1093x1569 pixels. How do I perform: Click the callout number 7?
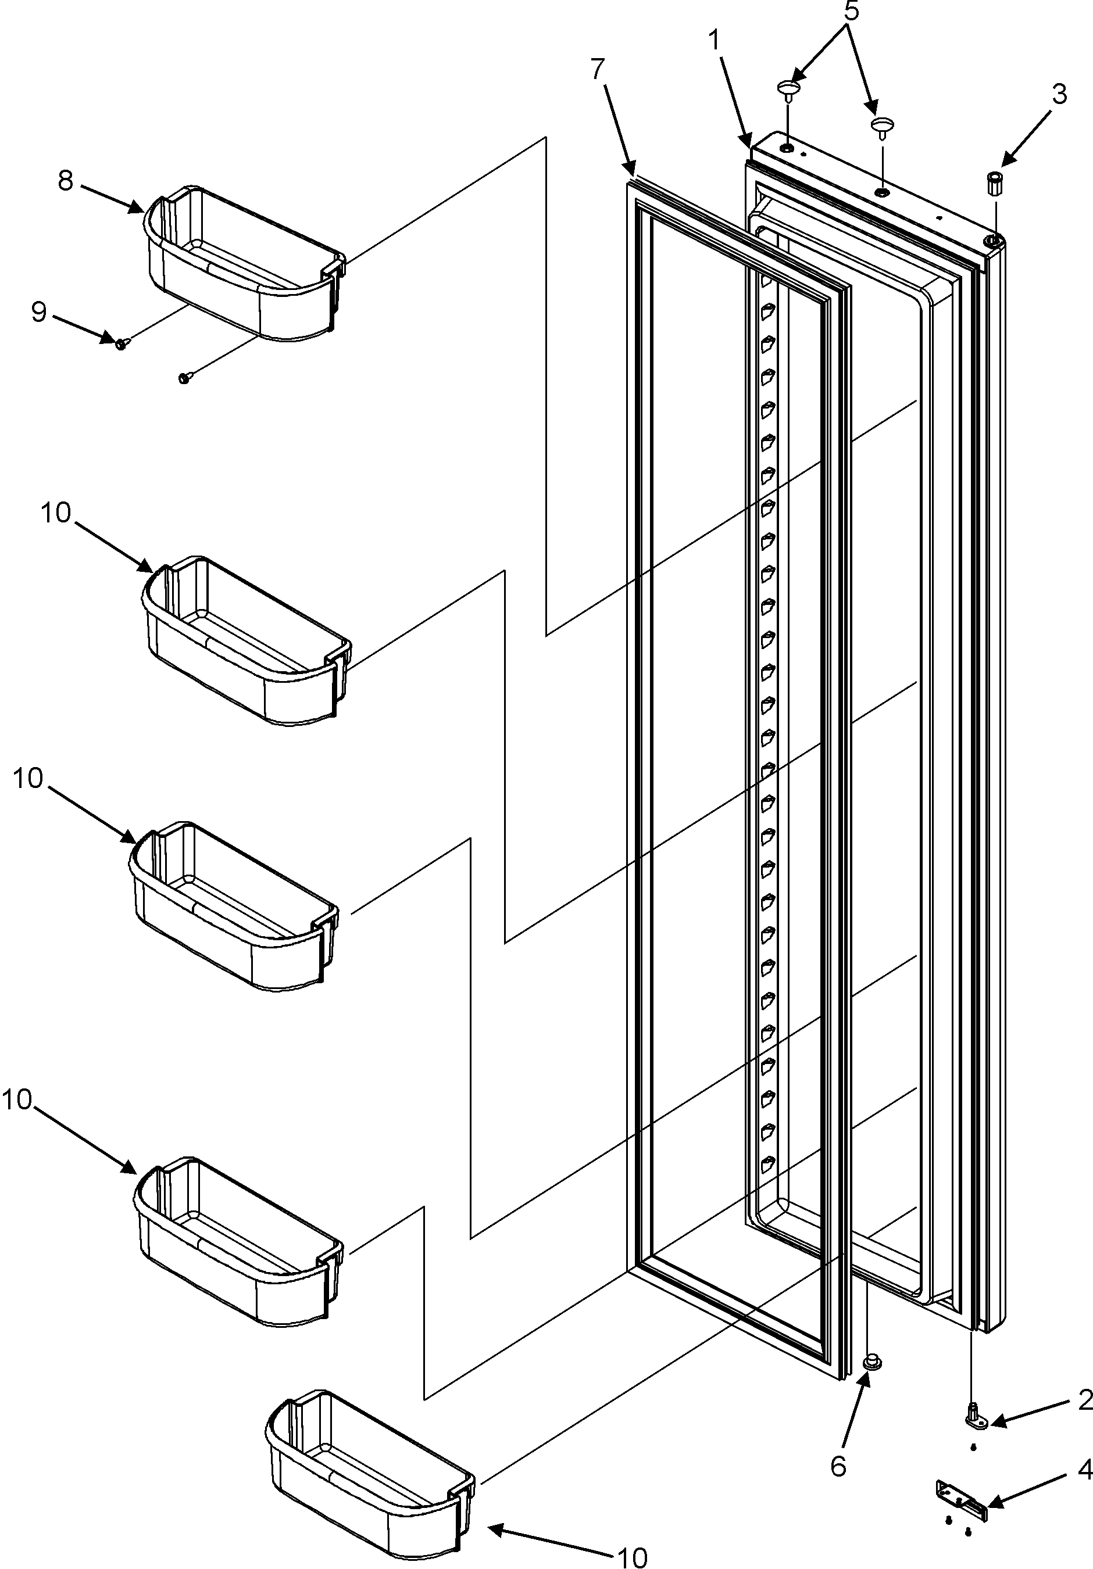(598, 70)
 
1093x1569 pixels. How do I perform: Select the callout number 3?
(1058, 94)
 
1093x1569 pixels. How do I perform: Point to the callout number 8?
(66, 181)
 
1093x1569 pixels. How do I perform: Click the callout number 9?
(38, 312)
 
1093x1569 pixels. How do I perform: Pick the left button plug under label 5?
(788, 89)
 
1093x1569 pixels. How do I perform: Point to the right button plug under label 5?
(883, 126)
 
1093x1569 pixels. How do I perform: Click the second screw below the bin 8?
(184, 377)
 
